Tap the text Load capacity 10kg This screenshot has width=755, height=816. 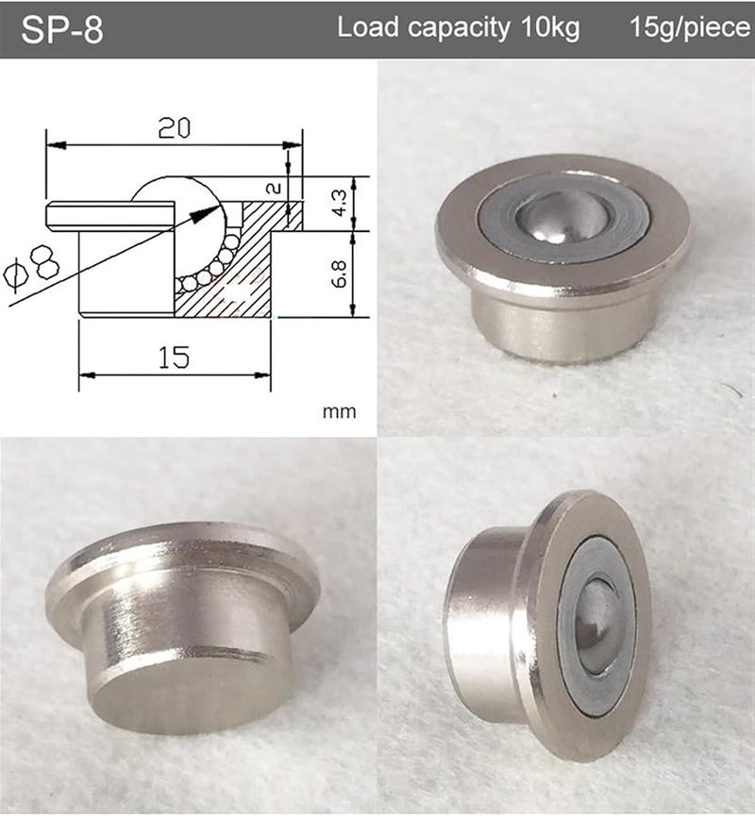point(458,28)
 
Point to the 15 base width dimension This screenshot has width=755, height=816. point(174,357)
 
